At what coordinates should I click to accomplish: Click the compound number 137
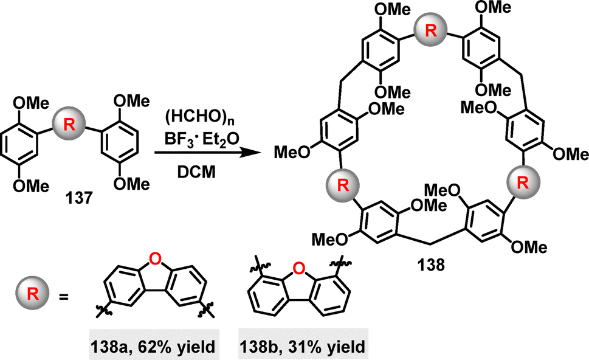(78, 198)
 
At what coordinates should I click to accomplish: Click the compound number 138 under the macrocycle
(430, 265)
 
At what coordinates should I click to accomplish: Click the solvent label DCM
(197, 172)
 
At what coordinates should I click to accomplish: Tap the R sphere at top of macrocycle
(430, 30)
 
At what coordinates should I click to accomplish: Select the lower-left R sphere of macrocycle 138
(343, 184)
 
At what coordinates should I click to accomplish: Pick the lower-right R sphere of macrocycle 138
(523, 182)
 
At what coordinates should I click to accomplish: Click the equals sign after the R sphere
(64, 297)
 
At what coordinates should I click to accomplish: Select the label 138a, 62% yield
(154, 346)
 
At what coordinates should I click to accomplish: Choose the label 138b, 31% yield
(303, 346)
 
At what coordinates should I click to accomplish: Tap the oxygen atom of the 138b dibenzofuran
(298, 268)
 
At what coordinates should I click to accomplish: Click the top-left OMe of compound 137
(31, 103)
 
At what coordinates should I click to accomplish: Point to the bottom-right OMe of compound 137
(131, 184)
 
